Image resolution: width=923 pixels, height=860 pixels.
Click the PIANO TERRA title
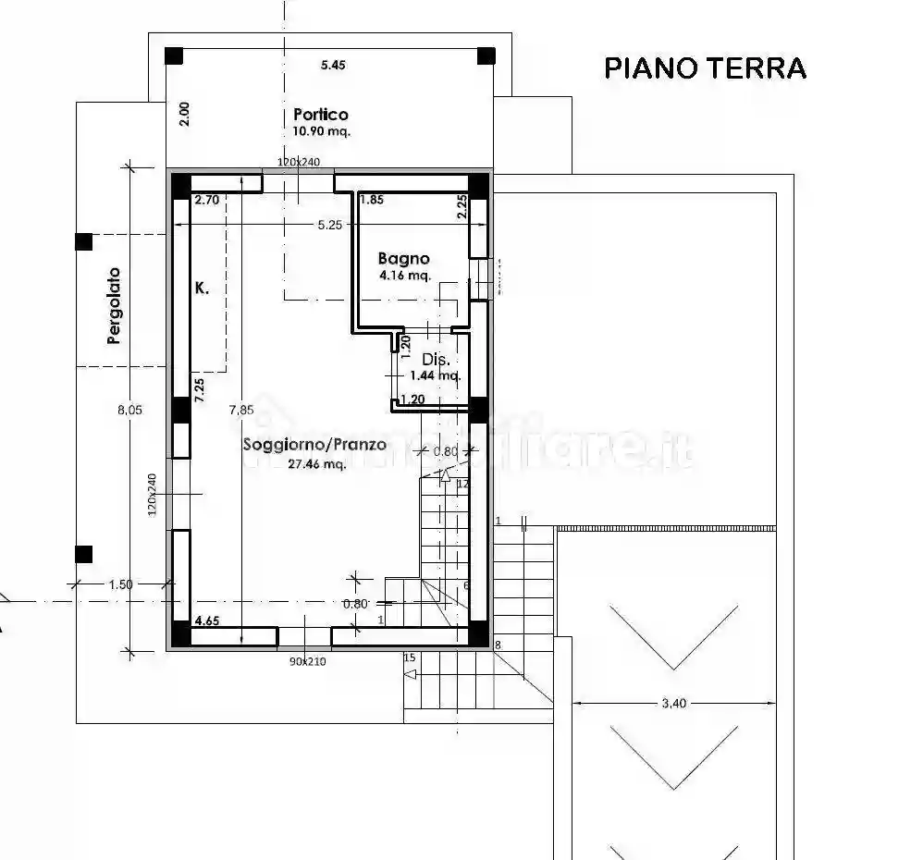click(x=705, y=68)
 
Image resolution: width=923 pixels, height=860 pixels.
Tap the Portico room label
click(x=321, y=115)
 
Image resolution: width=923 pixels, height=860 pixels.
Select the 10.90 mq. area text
click(x=321, y=131)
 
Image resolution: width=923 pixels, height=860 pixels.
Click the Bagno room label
click(x=404, y=259)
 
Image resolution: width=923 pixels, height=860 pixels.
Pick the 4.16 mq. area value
click(x=404, y=276)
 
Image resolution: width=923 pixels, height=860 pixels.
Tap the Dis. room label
click(x=435, y=359)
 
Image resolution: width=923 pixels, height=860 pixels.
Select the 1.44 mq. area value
click(x=436, y=375)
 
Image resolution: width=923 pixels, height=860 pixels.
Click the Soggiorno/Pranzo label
click(x=314, y=444)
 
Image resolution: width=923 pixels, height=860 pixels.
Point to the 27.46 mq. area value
click(x=316, y=464)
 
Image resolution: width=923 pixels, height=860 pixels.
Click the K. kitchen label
click(x=202, y=289)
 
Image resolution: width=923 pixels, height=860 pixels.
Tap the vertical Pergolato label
click(x=114, y=306)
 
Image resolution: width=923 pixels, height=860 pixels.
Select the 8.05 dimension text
click(x=129, y=411)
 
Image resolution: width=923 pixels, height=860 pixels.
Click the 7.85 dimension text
click(x=241, y=411)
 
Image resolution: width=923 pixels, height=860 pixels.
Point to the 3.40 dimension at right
click(x=674, y=704)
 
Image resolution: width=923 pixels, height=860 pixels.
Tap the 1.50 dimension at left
click(x=120, y=584)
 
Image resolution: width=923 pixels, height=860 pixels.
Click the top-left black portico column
click(x=174, y=55)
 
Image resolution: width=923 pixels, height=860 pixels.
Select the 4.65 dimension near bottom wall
click(x=206, y=621)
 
